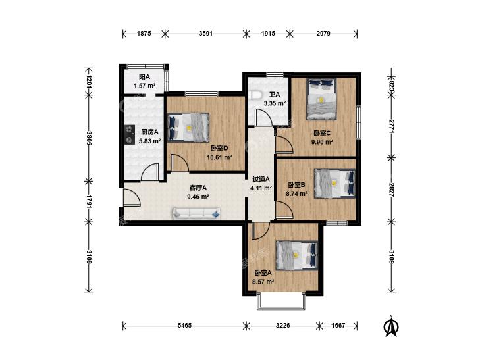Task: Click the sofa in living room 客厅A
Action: point(196,213)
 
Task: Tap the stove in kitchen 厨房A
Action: point(130,134)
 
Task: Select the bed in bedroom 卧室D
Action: point(188,128)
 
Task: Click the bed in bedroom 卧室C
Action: point(321,99)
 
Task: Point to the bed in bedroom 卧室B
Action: point(335,184)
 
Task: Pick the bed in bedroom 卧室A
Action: point(297,256)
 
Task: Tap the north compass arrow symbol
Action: point(391,326)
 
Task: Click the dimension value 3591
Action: point(205,34)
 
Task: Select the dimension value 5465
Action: point(184,326)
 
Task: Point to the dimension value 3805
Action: point(89,138)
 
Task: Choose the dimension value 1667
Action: point(338,326)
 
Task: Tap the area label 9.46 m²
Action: point(198,197)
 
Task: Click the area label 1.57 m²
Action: point(144,86)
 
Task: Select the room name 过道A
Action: point(261,179)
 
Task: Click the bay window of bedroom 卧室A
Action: point(281,301)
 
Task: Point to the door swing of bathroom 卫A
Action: point(264,117)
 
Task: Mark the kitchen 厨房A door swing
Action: point(150,172)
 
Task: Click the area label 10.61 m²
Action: point(219,157)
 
